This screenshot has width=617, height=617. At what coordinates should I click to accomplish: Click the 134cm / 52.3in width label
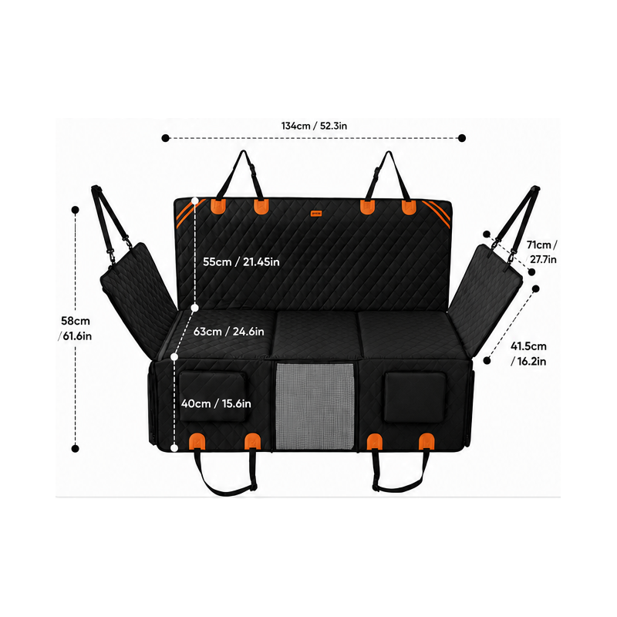314,126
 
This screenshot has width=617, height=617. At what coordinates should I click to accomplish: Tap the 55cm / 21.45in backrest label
241,261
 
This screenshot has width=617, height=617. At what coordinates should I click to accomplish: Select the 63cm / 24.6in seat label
228,332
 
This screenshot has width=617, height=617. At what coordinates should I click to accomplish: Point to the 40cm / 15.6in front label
216,403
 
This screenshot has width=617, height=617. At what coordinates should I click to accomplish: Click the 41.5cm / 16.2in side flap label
528,354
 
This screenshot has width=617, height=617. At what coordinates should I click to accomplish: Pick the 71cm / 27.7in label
541,252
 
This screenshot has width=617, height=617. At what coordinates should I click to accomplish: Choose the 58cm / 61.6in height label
75,329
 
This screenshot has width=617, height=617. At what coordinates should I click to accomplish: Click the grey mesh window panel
315,406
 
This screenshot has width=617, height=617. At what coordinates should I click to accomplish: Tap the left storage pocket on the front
214,396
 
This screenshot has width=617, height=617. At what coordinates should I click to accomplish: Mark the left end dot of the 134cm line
165,138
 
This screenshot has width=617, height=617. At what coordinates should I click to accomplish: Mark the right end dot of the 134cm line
462,138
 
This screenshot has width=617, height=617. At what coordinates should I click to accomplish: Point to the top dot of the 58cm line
75,210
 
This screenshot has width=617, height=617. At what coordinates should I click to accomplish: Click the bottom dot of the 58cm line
75,448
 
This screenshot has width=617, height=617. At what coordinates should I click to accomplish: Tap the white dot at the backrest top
195,201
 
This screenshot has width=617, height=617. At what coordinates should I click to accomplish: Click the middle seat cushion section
315,335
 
